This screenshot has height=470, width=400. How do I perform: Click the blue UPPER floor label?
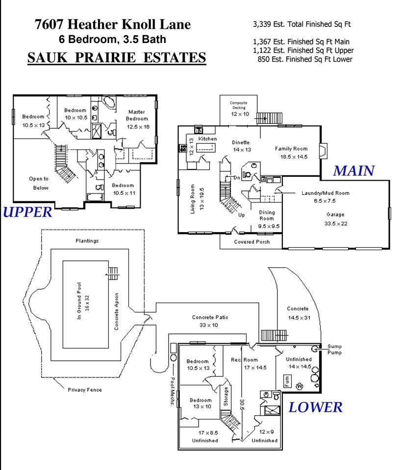point(27,212)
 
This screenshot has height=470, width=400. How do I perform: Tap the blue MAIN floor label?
point(354,171)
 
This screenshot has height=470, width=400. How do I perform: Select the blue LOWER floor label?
point(315,407)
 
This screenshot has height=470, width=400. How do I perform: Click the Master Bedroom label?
point(137,115)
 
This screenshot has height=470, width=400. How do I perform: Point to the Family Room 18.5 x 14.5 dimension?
point(294,157)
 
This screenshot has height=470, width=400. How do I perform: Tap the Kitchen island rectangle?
point(206,148)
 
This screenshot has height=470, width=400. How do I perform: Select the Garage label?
point(335,214)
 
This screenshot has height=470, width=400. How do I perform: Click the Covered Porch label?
point(252,242)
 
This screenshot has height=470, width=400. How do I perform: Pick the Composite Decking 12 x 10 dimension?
point(240,114)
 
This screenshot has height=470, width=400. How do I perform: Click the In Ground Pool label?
point(79,301)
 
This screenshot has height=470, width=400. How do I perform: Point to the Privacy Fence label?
point(85,390)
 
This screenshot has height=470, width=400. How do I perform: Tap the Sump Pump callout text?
point(334,350)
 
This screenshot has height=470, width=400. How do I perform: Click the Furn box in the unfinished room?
point(287,381)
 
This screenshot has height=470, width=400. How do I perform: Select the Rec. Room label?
point(244,360)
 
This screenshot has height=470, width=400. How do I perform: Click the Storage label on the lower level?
point(226,396)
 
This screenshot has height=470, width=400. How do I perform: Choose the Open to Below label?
point(39,183)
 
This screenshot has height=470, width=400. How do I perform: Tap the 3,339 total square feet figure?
point(262,24)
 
